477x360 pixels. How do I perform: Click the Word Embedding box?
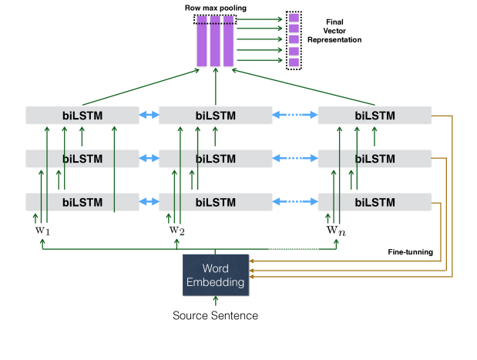tap(216, 275)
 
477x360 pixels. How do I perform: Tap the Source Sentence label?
tap(215, 315)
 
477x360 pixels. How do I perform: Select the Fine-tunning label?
tap(411, 252)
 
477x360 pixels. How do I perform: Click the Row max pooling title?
tap(215, 8)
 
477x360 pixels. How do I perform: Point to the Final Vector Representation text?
tap(334, 31)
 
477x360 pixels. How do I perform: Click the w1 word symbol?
tap(42, 230)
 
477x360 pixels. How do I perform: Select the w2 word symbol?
tap(176, 230)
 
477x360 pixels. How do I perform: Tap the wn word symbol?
tap(336, 230)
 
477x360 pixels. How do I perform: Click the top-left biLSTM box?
tap(82, 116)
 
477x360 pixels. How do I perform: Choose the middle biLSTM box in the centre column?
tap(215, 159)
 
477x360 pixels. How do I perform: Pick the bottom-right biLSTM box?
tap(375, 202)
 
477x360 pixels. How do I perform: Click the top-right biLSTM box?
tap(375, 116)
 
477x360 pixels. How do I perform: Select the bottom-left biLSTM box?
tap(82, 202)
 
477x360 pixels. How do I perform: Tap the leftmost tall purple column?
tap(202, 41)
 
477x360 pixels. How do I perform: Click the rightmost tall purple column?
tap(228, 41)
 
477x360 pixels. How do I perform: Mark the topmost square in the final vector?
tap(294, 18)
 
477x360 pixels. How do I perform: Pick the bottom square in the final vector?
tap(294, 62)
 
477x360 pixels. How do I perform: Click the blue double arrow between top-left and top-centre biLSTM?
tap(149, 115)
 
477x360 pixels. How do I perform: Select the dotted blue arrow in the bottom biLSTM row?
tap(295, 201)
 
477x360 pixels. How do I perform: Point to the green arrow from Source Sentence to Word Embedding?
tap(216, 301)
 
